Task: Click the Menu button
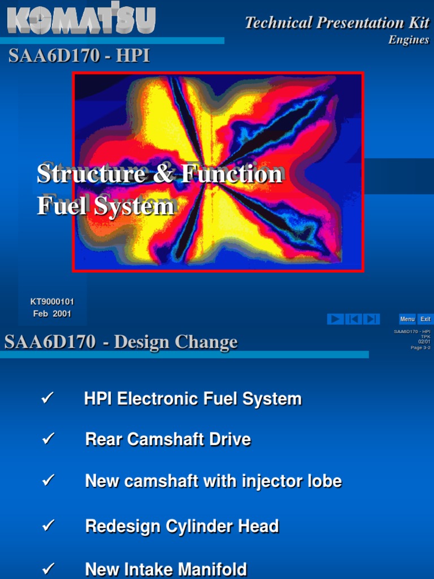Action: coord(407,319)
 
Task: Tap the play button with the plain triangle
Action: coord(335,319)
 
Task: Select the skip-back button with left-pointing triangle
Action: coord(353,319)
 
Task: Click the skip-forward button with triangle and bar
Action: coord(371,319)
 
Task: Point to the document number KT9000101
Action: coord(52,302)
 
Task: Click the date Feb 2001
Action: coord(52,314)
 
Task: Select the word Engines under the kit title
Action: coord(409,40)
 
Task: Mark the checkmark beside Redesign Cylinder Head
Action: coord(47,526)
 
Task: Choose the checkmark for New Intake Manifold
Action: coord(47,568)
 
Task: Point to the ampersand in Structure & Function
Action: coord(164,174)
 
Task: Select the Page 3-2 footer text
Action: coord(420,347)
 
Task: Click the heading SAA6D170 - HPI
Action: coord(79,57)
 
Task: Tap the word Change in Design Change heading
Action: coord(206,342)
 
